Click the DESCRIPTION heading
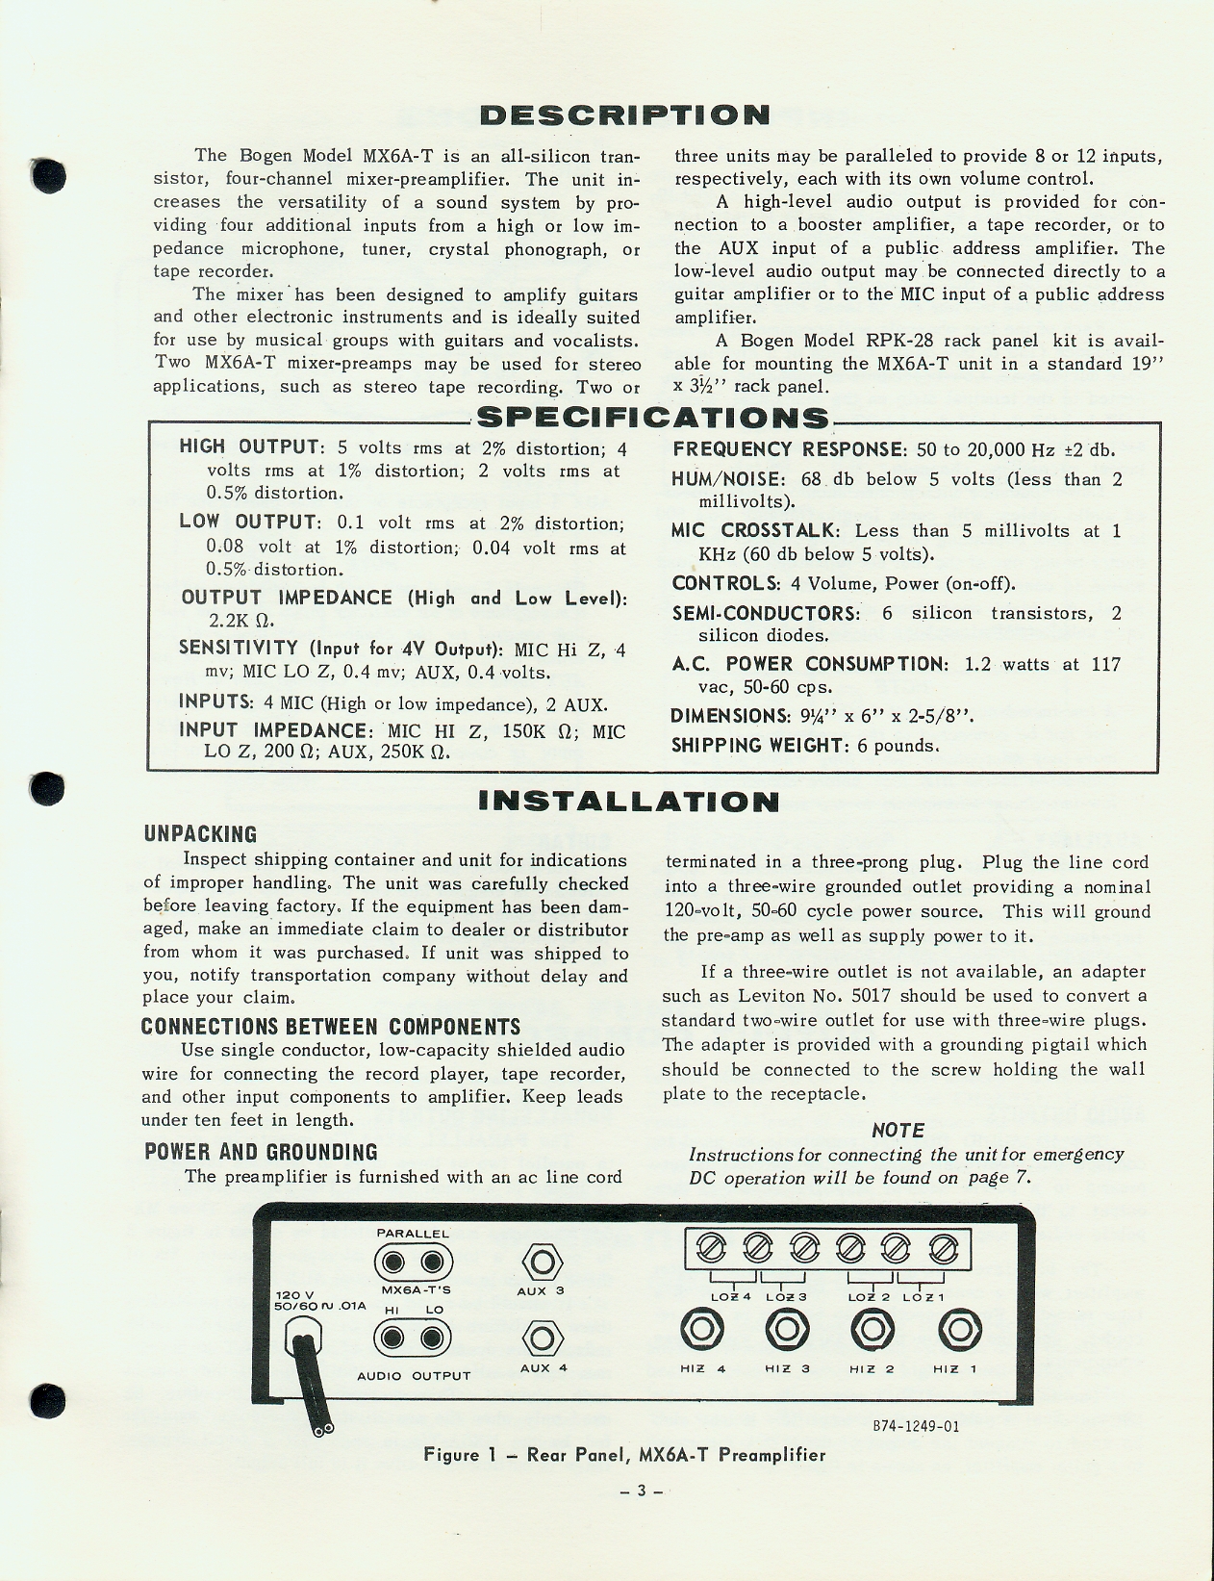[x=625, y=115]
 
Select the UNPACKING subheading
[x=200, y=834]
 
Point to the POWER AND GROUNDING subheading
[x=260, y=1152]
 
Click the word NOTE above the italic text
[x=898, y=1131]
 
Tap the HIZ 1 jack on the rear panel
[x=959, y=1331]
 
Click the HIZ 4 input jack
[x=701, y=1331]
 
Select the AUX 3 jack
[x=541, y=1262]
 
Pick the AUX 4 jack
[x=541, y=1339]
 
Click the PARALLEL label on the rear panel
[x=412, y=1234]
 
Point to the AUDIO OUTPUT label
[x=414, y=1376]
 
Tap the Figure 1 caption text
[x=624, y=1455]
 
